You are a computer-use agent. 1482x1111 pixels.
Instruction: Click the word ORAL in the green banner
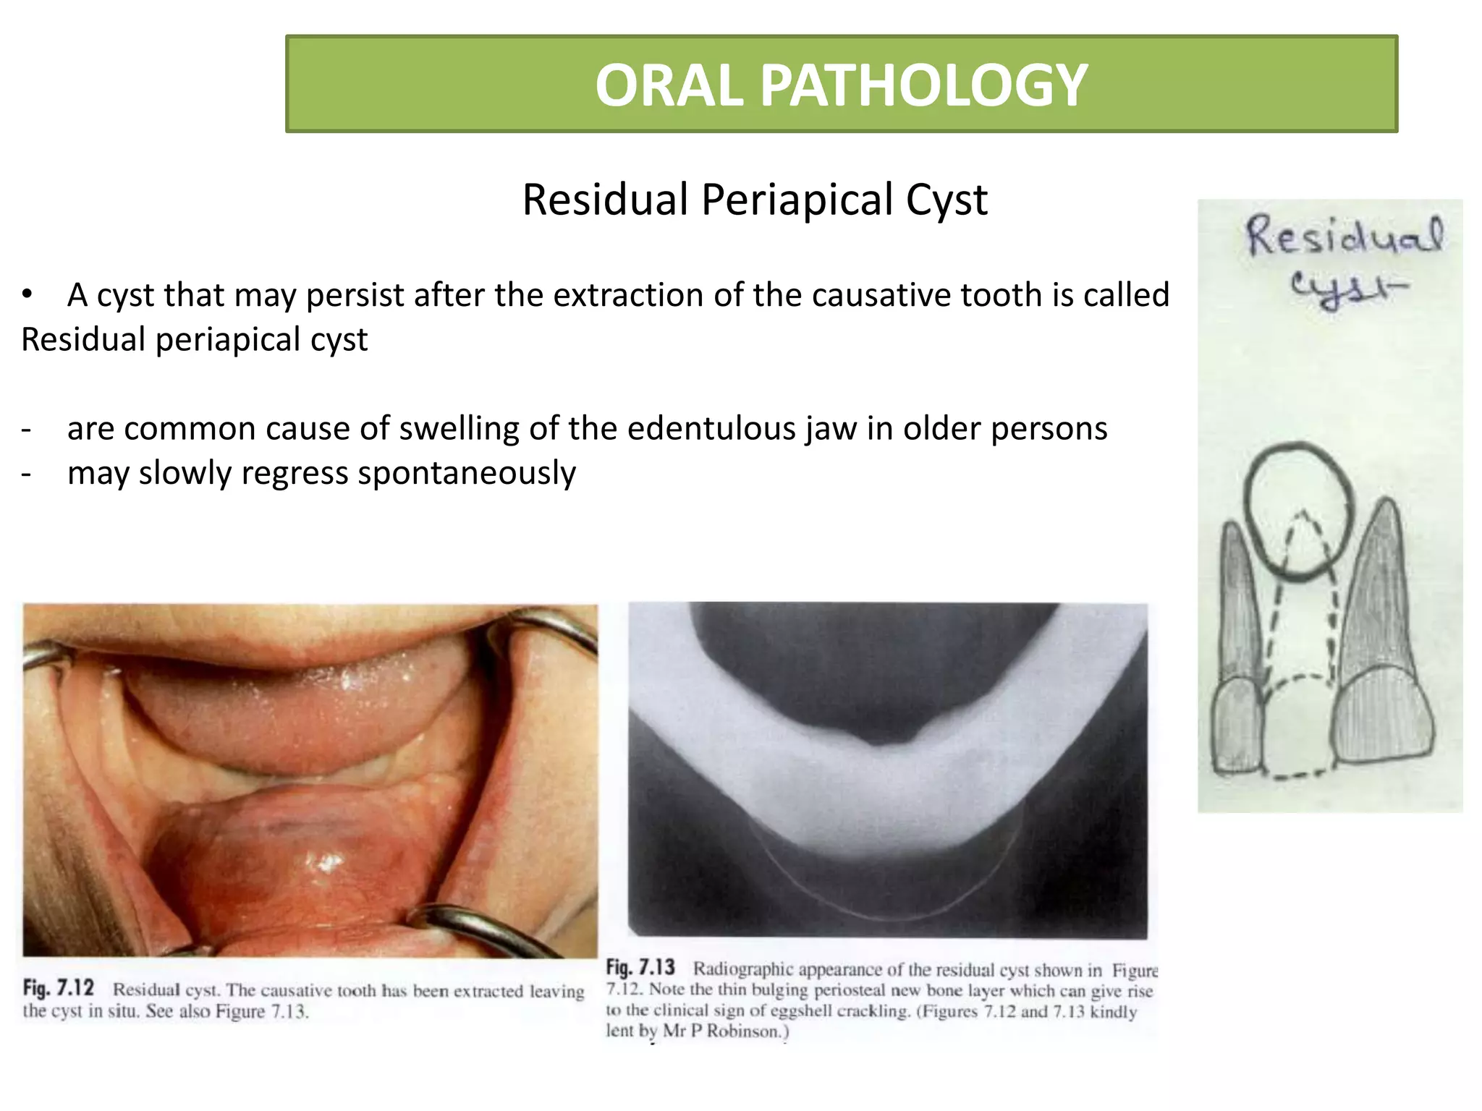(669, 85)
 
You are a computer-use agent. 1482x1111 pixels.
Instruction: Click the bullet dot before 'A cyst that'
(27, 294)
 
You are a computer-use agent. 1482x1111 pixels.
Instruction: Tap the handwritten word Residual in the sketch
(1344, 237)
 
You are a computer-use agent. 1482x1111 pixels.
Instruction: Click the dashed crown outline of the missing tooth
(1300, 731)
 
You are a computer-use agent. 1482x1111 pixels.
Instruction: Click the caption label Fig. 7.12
(58, 988)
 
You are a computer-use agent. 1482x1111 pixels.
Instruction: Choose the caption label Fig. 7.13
(640, 968)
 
